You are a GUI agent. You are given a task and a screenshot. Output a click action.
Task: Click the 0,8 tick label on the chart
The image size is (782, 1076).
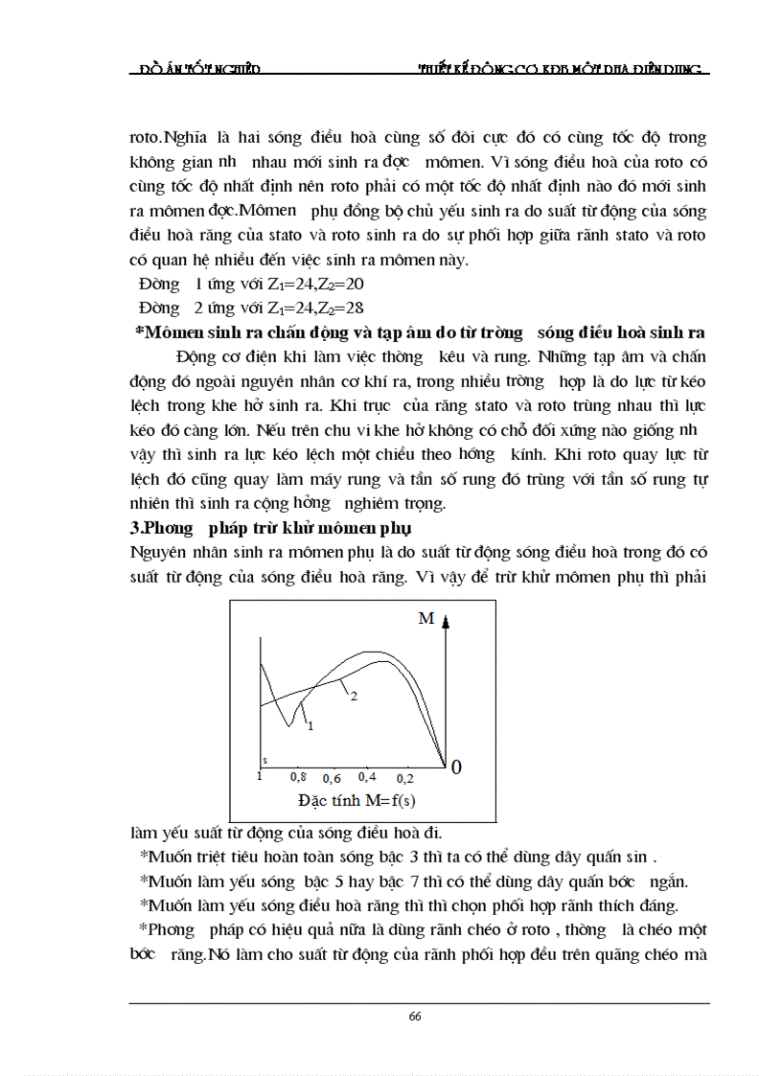(x=297, y=776)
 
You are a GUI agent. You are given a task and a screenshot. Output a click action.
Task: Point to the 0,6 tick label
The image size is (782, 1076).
(x=333, y=779)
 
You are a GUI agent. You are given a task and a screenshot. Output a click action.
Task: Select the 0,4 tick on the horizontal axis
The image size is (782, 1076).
(x=368, y=776)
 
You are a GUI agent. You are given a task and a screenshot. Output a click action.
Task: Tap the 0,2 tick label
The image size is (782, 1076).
(x=404, y=778)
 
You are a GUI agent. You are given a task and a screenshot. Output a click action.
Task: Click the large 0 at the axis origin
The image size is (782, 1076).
(x=455, y=767)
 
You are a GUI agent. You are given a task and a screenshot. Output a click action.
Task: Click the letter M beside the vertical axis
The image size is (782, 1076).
(x=425, y=619)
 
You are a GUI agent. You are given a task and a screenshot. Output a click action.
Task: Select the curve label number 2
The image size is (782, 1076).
(x=353, y=697)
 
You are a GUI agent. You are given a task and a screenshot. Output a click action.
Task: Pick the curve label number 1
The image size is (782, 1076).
(x=310, y=726)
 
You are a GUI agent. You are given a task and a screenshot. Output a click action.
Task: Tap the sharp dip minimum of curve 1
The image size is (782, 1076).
(x=288, y=725)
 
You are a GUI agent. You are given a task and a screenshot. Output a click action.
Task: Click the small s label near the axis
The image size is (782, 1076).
(x=264, y=759)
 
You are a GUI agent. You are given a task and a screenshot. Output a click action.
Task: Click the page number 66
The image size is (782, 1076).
(x=415, y=1018)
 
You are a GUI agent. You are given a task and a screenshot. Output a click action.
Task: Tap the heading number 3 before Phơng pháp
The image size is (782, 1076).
(x=134, y=528)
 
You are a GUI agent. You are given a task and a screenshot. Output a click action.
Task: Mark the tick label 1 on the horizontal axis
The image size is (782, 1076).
(x=259, y=776)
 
